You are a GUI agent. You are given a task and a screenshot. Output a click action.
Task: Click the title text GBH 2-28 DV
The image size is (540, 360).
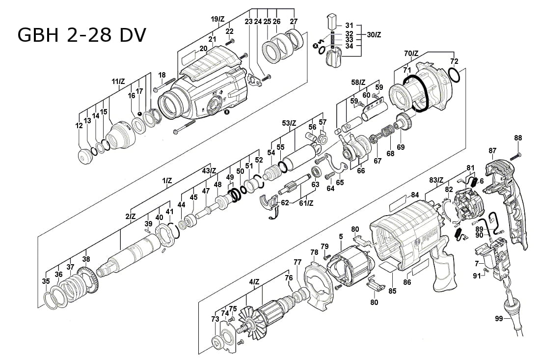click(81, 35)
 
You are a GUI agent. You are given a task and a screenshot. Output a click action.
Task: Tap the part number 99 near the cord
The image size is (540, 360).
click(499, 319)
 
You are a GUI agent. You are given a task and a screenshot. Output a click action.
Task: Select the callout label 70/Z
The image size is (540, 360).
click(411, 53)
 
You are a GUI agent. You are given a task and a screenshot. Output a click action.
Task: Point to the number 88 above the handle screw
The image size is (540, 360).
click(518, 138)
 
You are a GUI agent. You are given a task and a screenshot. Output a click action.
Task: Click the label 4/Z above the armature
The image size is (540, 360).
click(254, 281)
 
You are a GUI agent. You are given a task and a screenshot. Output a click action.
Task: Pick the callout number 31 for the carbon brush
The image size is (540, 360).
click(349, 25)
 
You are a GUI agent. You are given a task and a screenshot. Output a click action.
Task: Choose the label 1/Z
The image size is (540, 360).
click(167, 181)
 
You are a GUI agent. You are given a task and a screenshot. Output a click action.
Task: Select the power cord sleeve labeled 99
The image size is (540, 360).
click(513, 314)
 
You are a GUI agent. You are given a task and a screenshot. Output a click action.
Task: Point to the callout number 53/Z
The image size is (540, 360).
click(290, 122)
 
